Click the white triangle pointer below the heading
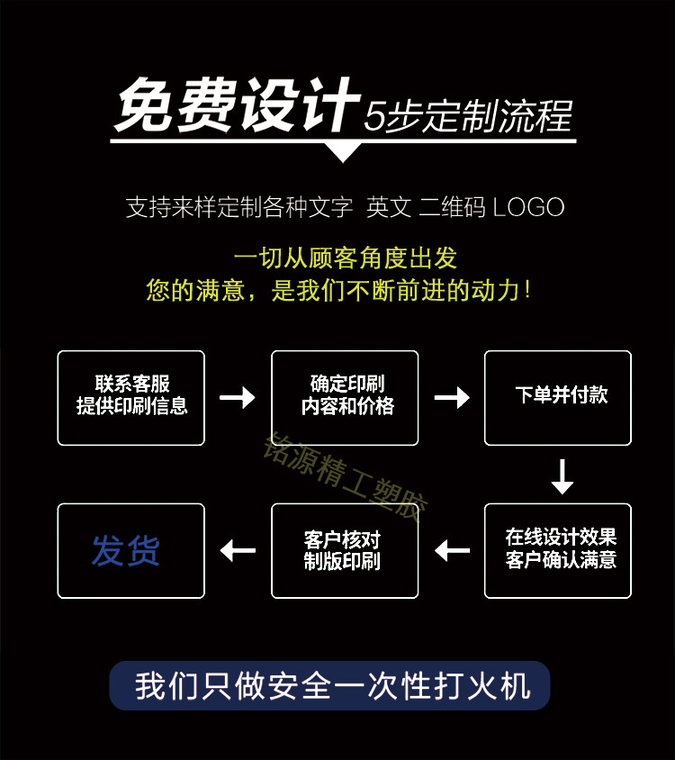343,151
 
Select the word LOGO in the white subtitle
528,207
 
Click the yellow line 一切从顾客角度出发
346,258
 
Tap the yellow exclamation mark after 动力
526,290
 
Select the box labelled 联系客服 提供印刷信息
131,397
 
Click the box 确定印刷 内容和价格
346,397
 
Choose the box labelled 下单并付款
558,397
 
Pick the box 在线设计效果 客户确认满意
558,550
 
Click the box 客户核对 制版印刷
346,550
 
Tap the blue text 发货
125,550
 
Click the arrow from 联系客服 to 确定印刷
238,397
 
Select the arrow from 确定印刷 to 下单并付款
452,397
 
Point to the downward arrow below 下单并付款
562,476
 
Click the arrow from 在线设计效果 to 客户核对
452,549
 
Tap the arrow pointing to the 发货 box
238,549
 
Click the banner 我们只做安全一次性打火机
330,686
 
